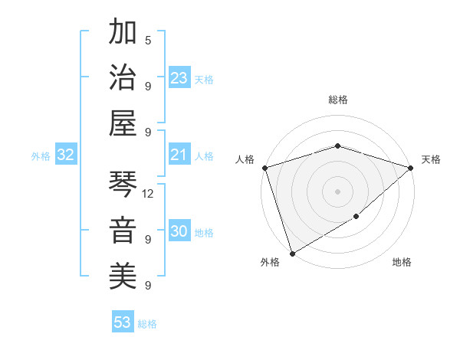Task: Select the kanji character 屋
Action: (123, 123)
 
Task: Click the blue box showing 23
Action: (179, 78)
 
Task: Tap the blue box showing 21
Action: (179, 155)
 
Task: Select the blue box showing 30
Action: (179, 232)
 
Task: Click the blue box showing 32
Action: (66, 155)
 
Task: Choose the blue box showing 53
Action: (123, 322)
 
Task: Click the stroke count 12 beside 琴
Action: (148, 194)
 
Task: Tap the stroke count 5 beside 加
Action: (148, 40)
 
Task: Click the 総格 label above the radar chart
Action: (337, 100)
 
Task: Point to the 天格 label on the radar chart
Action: (431, 159)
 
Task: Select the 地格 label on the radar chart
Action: (402, 262)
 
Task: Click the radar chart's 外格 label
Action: (270, 262)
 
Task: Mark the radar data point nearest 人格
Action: (264, 168)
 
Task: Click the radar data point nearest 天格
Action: (411, 168)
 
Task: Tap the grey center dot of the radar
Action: (337, 191)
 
